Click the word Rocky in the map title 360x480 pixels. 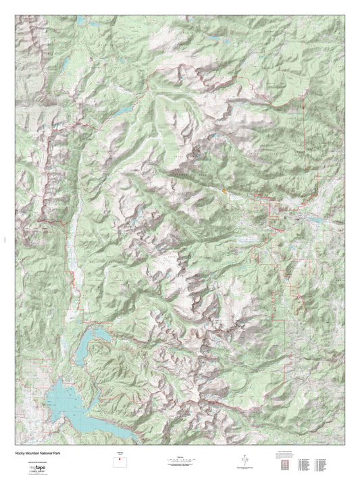[x=18, y=453]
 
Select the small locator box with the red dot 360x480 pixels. [x=121, y=464]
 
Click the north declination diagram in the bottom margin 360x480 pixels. [x=242, y=462]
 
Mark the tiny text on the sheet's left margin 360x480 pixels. [x=5, y=237]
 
